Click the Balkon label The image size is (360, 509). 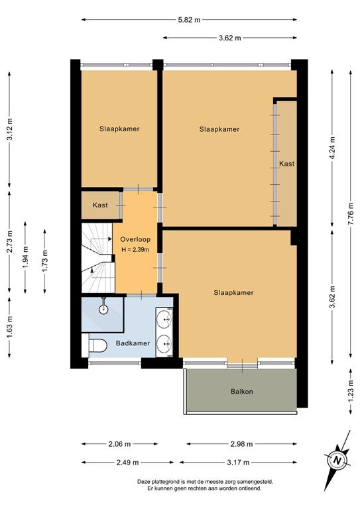pos(242,392)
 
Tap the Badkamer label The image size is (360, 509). pos(133,343)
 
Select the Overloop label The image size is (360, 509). pos(135,239)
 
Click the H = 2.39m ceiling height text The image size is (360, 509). pos(135,250)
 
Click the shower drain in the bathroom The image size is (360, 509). pos(103,309)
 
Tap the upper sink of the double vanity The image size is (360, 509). pos(164,319)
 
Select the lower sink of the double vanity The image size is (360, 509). pos(164,343)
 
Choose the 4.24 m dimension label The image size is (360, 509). pos(332,148)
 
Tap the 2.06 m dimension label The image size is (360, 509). pos(119,444)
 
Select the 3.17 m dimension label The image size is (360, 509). pos(238,462)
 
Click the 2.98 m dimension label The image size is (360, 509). pos(241,444)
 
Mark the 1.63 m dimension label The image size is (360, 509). pos(9,327)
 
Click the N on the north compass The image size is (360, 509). pos(337,461)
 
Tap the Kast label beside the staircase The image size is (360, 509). pos(100,205)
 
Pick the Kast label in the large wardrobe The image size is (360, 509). pos(287,164)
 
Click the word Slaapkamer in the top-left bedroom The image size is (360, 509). pos(119,129)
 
